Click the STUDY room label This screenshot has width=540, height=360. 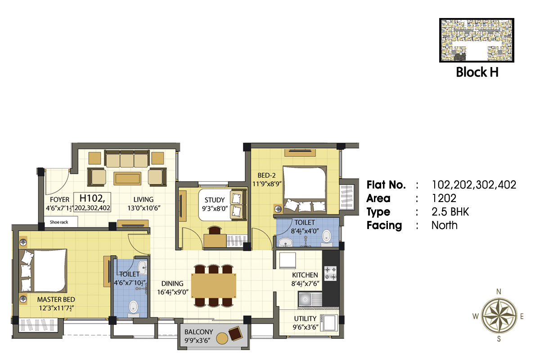[215, 200]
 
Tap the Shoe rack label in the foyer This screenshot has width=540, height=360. [59, 222]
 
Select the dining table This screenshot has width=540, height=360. [214, 286]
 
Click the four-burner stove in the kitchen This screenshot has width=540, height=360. [330, 273]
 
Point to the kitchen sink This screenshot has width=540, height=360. [310, 300]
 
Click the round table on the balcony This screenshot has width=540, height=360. [222, 338]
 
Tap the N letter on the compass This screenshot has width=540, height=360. [499, 292]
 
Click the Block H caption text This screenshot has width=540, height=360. [477, 72]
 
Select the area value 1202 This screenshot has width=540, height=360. [444, 198]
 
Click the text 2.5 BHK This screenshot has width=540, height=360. [450, 212]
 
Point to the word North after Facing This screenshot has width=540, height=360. [444, 225]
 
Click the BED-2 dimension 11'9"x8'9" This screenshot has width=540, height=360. [267, 184]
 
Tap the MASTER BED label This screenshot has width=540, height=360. [56, 300]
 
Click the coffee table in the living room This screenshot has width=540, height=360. [127, 179]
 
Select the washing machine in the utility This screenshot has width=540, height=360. [329, 323]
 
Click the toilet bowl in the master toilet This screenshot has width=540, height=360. [133, 309]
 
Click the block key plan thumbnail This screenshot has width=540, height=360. [477, 40]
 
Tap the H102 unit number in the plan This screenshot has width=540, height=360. [92, 198]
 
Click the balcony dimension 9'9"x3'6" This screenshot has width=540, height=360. [198, 341]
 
